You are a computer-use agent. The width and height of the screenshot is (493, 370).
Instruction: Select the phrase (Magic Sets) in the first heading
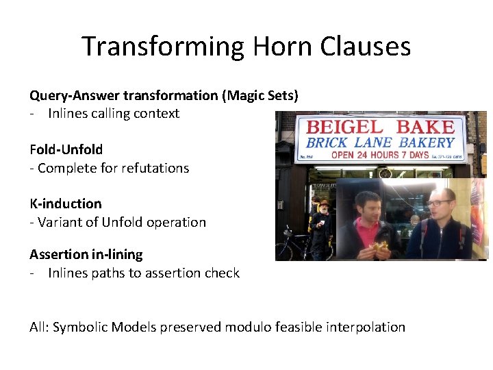[x=260, y=95]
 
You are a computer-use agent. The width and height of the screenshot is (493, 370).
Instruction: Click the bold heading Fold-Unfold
[x=66, y=149]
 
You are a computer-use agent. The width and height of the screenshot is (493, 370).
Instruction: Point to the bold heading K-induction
[x=65, y=203]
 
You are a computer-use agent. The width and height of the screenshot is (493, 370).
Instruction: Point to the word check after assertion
[x=220, y=273]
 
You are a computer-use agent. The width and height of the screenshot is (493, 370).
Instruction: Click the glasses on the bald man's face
[x=438, y=203]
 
